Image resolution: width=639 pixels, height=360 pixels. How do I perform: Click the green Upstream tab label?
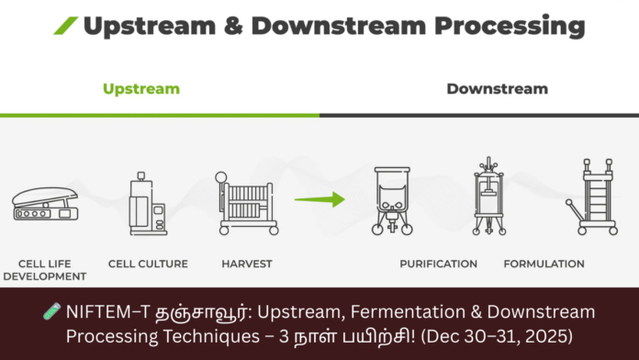point(140,89)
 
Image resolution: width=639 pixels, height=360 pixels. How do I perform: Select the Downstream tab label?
point(497,89)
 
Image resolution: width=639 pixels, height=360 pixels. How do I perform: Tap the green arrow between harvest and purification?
point(319,198)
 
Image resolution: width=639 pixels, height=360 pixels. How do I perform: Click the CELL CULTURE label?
point(148,264)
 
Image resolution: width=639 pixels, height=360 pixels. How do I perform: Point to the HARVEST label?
point(246,264)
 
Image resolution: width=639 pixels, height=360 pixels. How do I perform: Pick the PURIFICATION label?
point(438,264)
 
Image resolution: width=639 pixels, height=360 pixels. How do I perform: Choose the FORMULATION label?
point(544,264)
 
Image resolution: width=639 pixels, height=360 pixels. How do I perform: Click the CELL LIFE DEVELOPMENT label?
point(45,269)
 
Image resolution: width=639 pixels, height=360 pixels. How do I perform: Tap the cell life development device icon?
point(45,206)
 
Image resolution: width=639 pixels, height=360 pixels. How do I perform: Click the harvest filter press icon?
point(245,201)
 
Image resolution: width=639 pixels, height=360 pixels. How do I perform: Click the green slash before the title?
point(65,26)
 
